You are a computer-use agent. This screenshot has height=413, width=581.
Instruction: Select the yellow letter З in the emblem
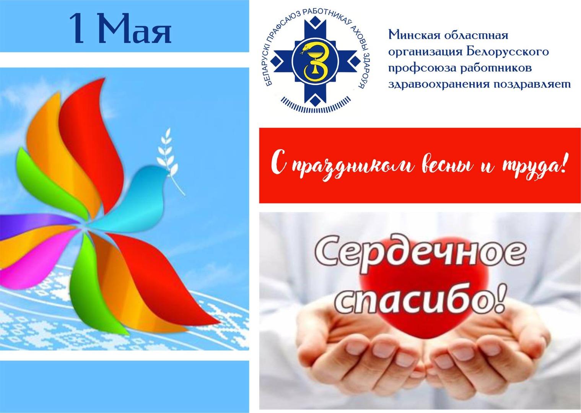[316, 62]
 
